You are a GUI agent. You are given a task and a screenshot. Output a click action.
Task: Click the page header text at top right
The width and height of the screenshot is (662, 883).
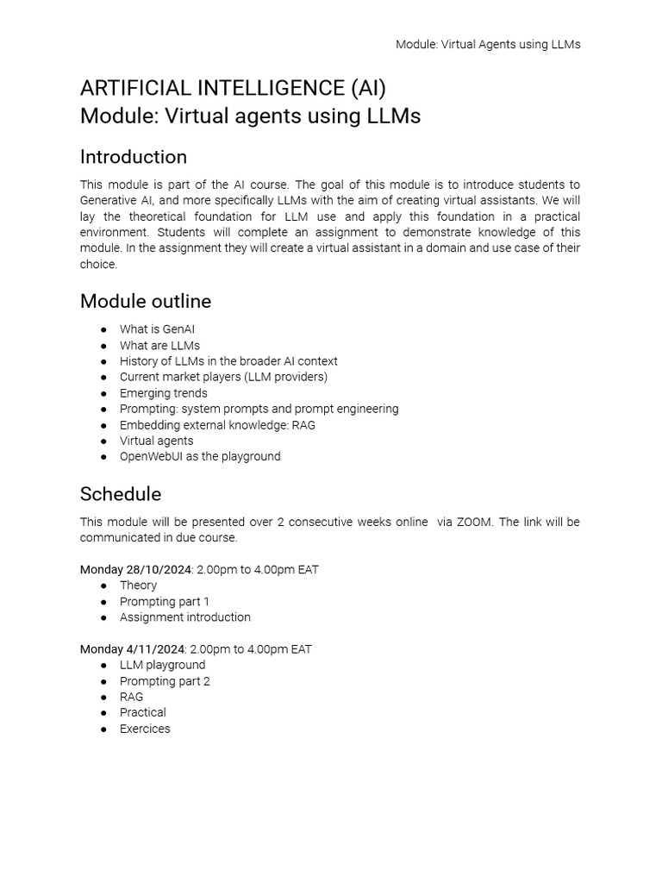click(488, 44)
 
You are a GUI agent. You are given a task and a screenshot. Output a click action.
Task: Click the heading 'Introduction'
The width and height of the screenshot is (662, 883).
click(134, 157)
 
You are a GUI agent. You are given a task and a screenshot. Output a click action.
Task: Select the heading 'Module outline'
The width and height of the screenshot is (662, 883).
click(146, 301)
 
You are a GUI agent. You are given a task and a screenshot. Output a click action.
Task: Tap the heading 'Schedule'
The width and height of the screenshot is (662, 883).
click(121, 494)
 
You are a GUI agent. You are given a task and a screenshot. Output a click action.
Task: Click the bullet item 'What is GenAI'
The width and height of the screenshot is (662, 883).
click(157, 329)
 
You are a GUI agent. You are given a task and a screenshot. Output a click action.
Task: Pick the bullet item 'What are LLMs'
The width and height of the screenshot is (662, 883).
click(159, 345)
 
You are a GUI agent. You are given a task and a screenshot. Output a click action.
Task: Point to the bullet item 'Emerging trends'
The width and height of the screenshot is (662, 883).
click(163, 393)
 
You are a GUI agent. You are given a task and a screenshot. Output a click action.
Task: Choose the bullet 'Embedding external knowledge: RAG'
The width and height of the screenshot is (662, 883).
click(217, 425)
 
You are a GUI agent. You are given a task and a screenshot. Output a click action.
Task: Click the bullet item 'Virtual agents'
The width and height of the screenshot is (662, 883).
click(156, 441)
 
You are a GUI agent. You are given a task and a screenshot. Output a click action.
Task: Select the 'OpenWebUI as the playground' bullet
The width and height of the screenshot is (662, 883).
click(200, 456)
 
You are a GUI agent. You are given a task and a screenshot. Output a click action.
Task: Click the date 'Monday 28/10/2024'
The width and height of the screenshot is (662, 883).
click(133, 569)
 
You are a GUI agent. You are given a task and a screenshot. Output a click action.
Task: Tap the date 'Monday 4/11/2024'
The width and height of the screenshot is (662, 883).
click(129, 648)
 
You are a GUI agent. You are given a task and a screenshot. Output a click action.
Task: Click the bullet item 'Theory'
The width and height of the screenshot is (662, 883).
click(138, 586)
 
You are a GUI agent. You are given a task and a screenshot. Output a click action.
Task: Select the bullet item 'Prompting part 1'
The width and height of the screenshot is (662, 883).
click(164, 601)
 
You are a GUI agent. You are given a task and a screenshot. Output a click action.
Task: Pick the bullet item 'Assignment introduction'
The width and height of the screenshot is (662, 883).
click(184, 617)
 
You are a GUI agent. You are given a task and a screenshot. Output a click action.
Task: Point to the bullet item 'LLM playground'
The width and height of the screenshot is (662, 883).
click(162, 665)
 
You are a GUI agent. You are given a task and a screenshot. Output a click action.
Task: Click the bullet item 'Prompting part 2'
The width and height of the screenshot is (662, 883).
click(165, 681)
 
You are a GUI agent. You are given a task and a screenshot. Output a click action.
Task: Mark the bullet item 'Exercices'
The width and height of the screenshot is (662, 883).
click(145, 729)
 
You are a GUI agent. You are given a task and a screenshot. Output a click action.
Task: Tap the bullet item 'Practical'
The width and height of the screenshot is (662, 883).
click(142, 712)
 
